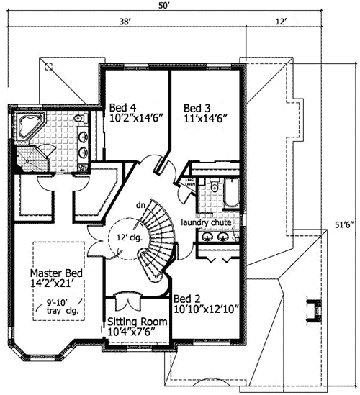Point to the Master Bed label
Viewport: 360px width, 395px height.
(x=56, y=274)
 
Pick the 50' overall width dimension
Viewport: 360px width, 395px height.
(x=164, y=6)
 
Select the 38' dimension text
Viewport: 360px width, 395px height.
(x=125, y=22)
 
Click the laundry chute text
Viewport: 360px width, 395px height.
(x=206, y=222)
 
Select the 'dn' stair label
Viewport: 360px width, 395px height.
(x=140, y=205)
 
